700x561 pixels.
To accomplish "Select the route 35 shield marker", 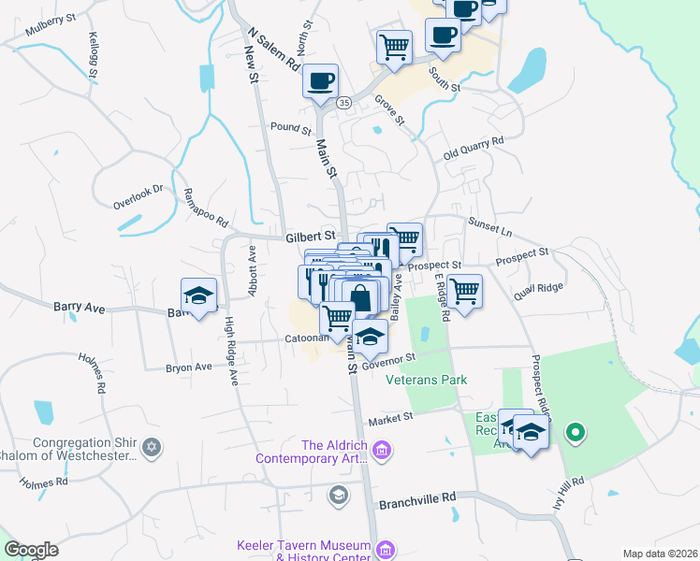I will click(x=344, y=103).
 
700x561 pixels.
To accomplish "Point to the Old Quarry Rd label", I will click(x=474, y=146).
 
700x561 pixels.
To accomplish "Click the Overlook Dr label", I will click(x=138, y=194).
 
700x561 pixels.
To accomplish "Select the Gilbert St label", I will click(x=311, y=237).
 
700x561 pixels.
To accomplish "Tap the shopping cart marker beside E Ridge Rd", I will click(x=464, y=291).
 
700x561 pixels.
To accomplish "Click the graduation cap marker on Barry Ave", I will click(x=198, y=295).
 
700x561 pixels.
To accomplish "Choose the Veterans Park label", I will click(x=431, y=380).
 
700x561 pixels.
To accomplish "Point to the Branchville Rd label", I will click(x=416, y=500).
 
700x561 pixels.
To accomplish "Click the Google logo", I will click(x=31, y=550).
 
